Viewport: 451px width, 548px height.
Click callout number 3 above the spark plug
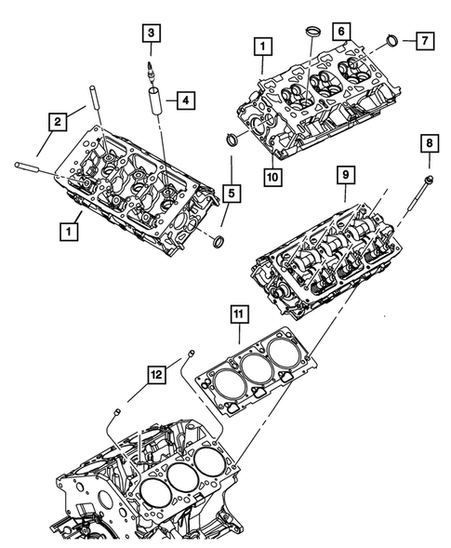(149, 35)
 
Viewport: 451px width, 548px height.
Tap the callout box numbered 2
(58, 120)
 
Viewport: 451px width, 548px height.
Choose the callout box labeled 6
(343, 32)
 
